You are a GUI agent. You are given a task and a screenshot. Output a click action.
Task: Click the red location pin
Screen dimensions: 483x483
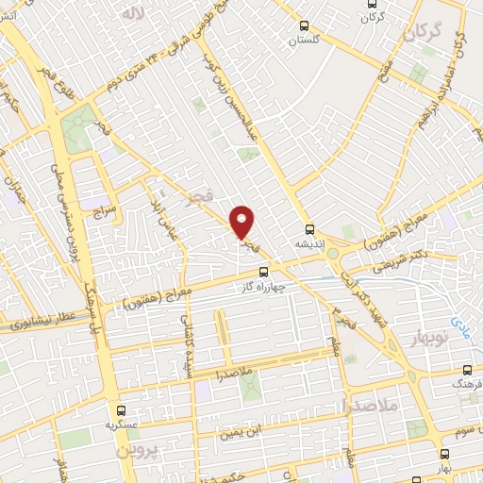click(x=242, y=222)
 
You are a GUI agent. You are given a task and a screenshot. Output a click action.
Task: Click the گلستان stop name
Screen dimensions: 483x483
click(x=304, y=41)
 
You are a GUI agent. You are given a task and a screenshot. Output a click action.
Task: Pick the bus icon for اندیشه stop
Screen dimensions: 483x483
click(x=310, y=228)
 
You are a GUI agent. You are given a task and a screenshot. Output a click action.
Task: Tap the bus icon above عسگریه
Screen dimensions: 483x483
click(x=120, y=410)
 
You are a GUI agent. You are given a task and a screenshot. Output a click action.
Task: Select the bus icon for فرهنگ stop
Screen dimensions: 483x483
click(x=469, y=371)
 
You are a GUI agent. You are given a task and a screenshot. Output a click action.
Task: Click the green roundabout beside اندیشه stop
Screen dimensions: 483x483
click(x=333, y=254)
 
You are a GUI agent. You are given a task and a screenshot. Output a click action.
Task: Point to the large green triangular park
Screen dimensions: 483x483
click(x=79, y=131)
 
